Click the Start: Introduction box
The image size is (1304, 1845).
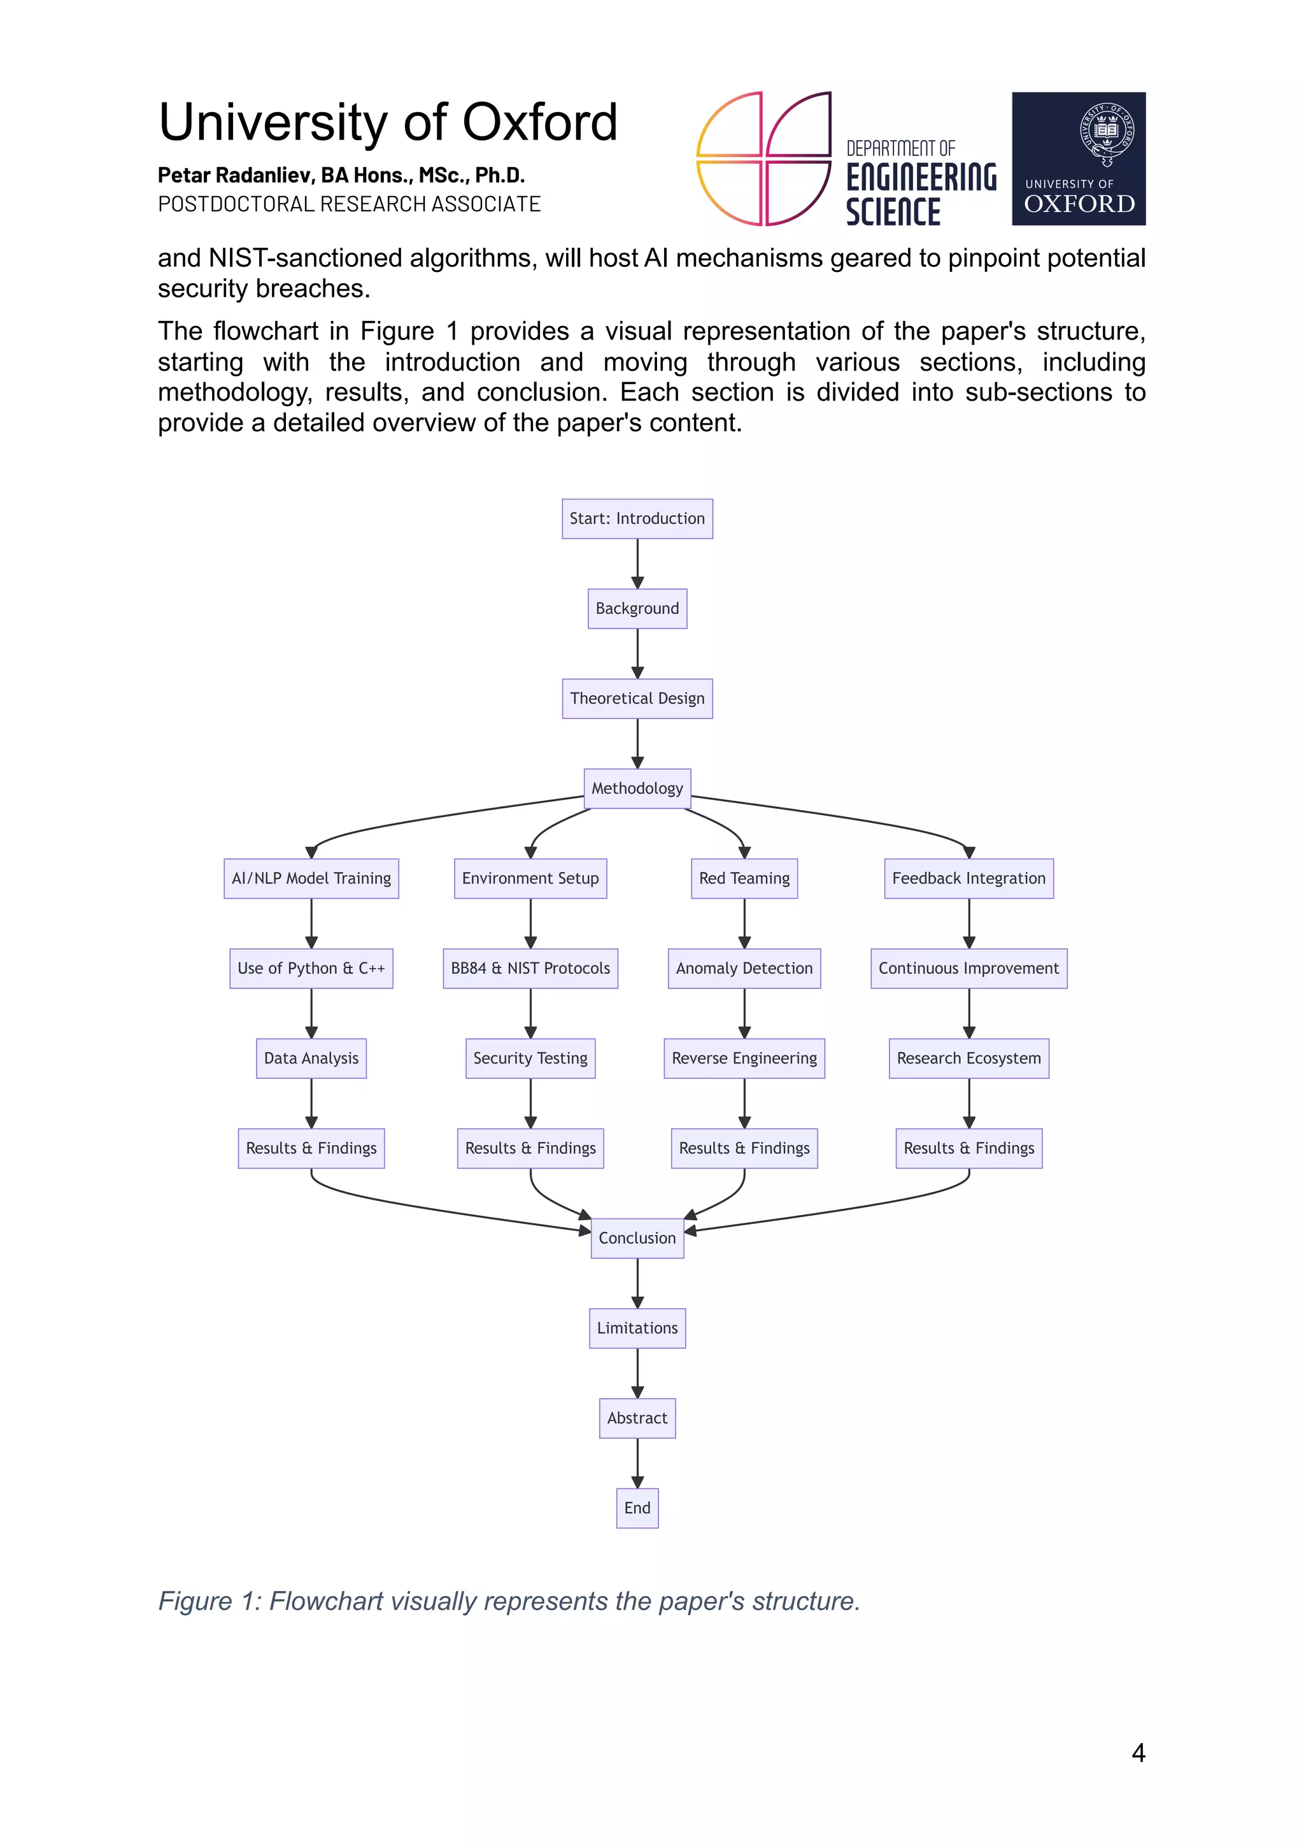pyautogui.click(x=637, y=518)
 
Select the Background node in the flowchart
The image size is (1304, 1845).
pyautogui.click(x=637, y=608)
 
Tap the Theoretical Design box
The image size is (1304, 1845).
pyautogui.click(x=637, y=698)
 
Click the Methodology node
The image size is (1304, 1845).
pyautogui.click(x=637, y=788)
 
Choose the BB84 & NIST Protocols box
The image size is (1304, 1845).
pyautogui.click(x=530, y=968)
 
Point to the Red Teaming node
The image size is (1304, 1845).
pyautogui.click(x=744, y=878)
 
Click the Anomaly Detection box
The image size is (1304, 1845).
pyautogui.click(x=744, y=968)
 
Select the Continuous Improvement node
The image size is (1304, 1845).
pyautogui.click(x=969, y=968)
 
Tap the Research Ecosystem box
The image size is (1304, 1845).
pyautogui.click(x=969, y=1058)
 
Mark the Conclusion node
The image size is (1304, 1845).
pyautogui.click(x=637, y=1238)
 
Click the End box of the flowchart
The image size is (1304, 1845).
pyautogui.click(x=637, y=1508)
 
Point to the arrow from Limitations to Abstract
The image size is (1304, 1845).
pyautogui.click(x=637, y=1372)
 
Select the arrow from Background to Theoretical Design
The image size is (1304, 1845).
pyautogui.click(x=637, y=653)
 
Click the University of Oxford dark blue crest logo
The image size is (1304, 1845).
pyautogui.click(x=1078, y=159)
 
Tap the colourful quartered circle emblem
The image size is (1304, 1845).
pyautogui.click(x=763, y=159)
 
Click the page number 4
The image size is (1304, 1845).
pyautogui.click(x=1138, y=1753)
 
